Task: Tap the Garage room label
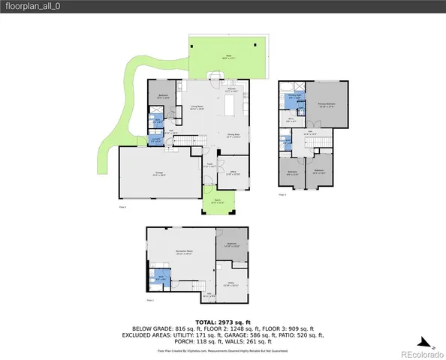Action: [159, 173]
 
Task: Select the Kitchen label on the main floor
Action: [232, 91]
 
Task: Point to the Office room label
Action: [234, 173]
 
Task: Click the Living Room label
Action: [197, 108]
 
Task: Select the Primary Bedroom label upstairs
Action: [327, 104]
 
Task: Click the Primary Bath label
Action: [294, 96]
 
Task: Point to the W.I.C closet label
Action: [291, 118]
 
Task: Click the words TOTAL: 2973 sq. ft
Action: [222, 321]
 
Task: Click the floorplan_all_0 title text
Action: [28, 6]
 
